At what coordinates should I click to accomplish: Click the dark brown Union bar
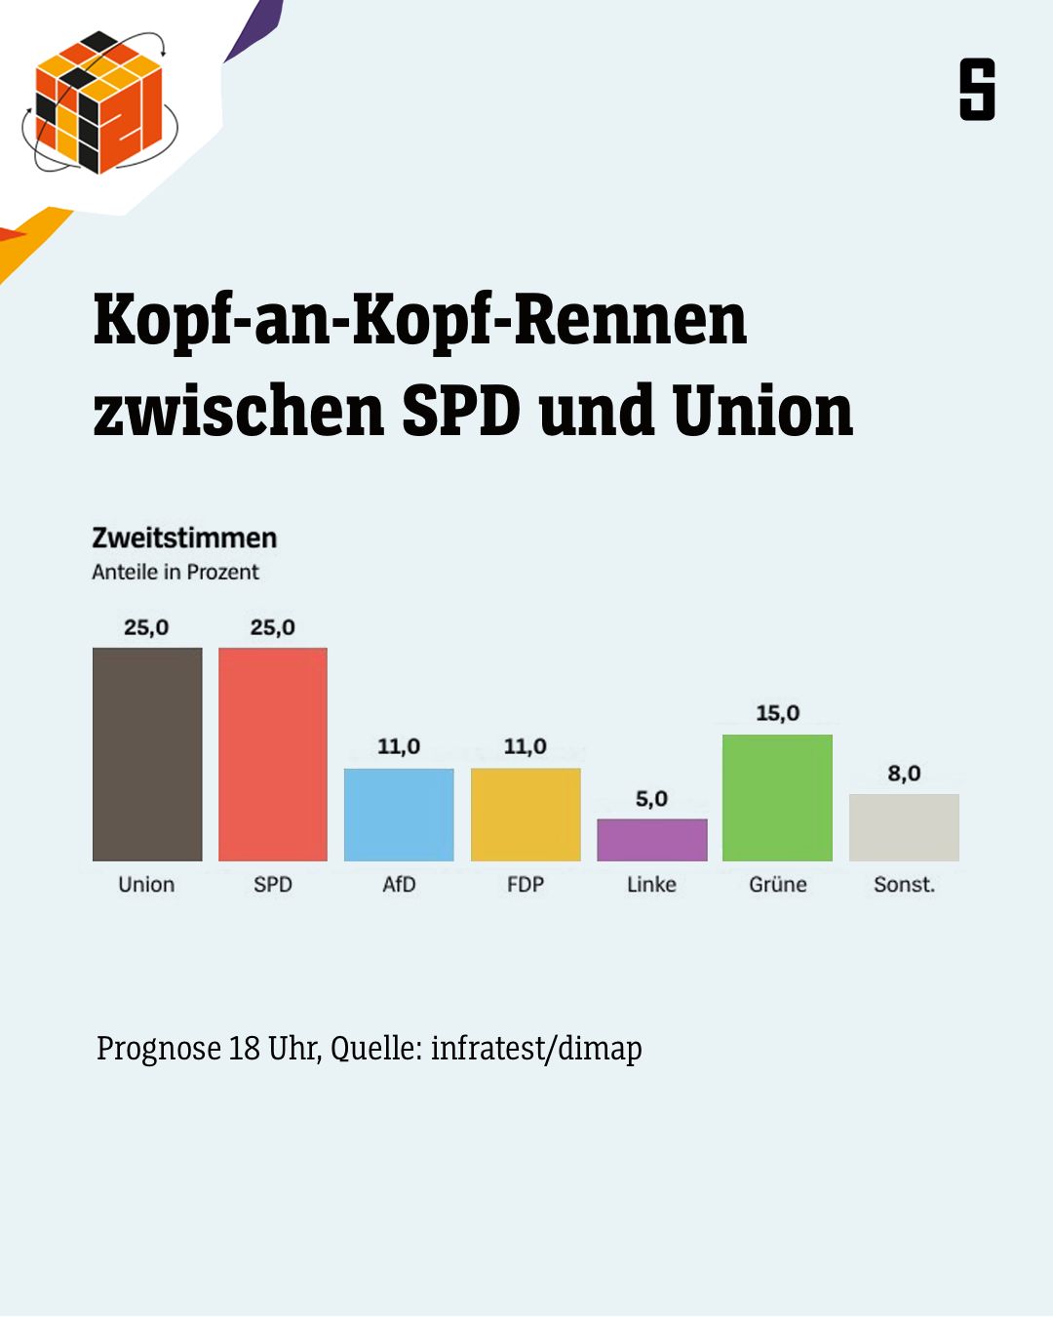pos(147,754)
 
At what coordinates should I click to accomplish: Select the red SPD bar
pos(273,754)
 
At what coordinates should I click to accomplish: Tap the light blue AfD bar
pos(399,815)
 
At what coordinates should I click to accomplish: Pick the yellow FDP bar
pos(526,815)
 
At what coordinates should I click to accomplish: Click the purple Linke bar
pos(652,840)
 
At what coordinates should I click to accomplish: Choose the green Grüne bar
pos(778,797)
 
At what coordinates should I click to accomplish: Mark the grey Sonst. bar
pos(905,827)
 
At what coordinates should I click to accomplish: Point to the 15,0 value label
pos(778,713)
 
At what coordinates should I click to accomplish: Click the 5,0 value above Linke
pos(651,799)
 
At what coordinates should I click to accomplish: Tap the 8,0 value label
pos(905,774)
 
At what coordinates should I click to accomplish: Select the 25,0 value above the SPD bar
pos(273,627)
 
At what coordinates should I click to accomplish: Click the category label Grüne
pos(778,885)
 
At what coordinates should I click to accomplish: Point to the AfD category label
pos(399,885)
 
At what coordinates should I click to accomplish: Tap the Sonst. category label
pos(905,885)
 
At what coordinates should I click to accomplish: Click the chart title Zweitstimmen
pos(184,539)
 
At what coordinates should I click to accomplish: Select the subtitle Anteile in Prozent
pos(175,573)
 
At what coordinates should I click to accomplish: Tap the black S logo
pos(977,90)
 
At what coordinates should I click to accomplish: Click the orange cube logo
pos(98,102)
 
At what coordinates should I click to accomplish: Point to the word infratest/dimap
pos(536,1049)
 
